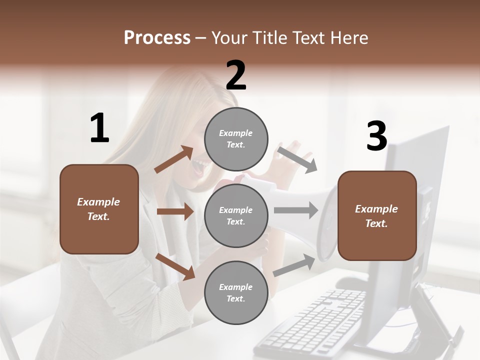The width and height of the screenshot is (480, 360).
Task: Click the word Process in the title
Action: (x=157, y=37)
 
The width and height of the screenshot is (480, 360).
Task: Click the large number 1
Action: (x=99, y=128)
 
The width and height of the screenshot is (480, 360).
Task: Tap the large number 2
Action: (x=236, y=75)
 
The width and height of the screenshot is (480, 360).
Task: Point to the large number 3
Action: (x=376, y=137)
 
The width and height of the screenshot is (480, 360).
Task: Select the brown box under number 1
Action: (x=99, y=209)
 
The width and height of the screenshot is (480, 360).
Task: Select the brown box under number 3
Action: (x=377, y=215)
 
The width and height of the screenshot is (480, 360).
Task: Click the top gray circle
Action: (x=236, y=139)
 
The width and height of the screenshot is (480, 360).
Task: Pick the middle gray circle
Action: (x=236, y=215)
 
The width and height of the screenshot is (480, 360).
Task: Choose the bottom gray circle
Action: (x=236, y=292)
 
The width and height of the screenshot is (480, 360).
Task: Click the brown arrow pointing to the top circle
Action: (x=174, y=159)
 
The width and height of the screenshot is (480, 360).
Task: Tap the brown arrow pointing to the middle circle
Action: (x=175, y=211)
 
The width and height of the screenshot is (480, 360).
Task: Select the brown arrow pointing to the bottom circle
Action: (x=175, y=266)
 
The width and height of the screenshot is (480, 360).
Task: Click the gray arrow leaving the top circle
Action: (x=297, y=159)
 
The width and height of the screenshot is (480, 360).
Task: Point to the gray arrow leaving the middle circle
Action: (x=296, y=210)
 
